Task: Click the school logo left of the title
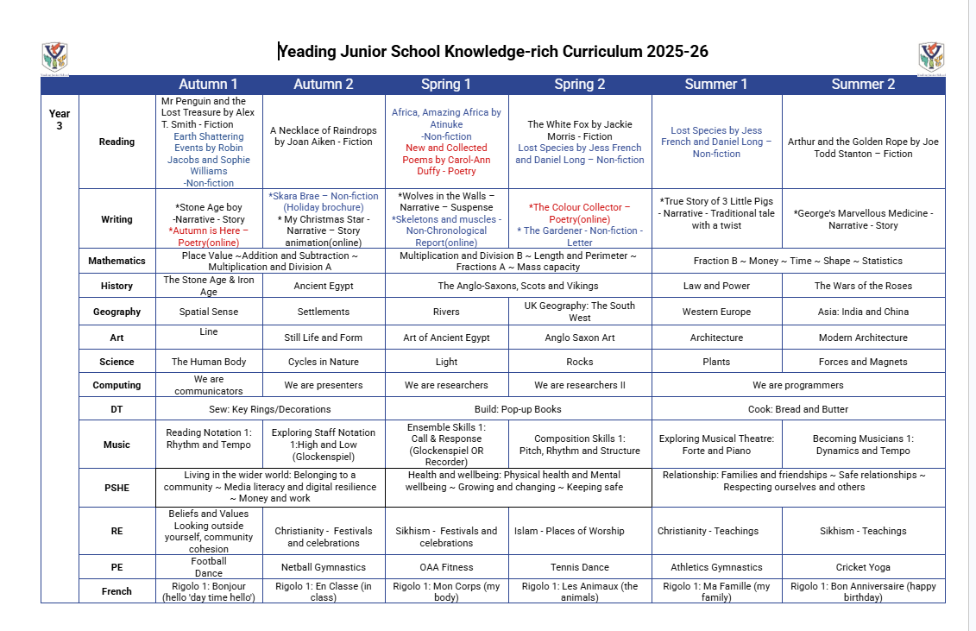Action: [x=54, y=58]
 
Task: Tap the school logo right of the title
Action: [x=930, y=58]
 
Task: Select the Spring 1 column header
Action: [x=446, y=84]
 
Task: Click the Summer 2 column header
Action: [x=863, y=84]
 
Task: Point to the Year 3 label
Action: [x=60, y=119]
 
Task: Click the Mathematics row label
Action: [x=116, y=260]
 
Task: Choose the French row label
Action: [x=116, y=591]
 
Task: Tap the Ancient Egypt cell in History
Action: [x=324, y=286]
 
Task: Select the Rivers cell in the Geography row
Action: [x=446, y=312]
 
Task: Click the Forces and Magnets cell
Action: [x=863, y=362]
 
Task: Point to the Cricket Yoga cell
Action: [x=863, y=567]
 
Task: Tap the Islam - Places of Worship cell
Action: [x=569, y=531]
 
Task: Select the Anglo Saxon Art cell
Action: [x=580, y=338]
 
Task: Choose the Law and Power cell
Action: [x=716, y=286]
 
